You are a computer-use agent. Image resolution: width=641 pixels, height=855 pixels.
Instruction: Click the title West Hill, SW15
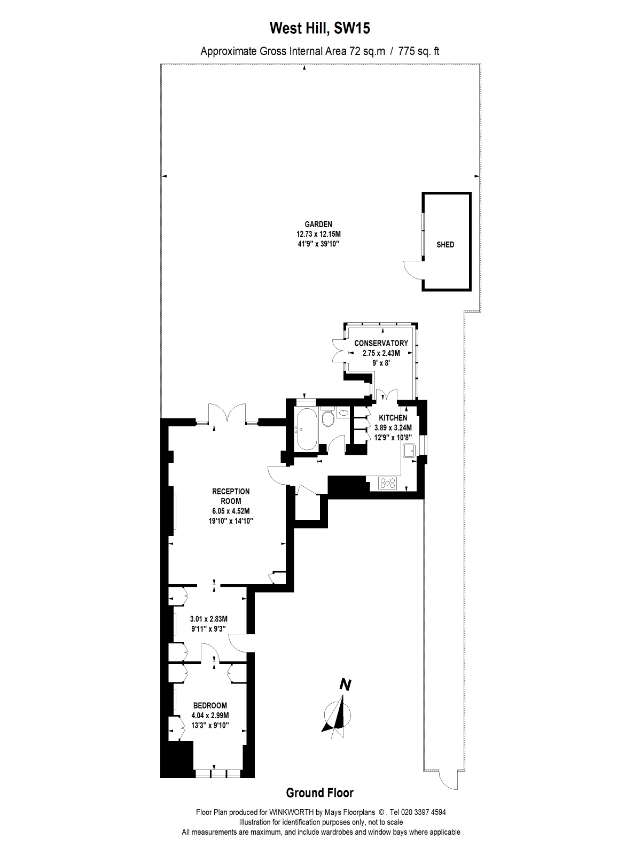coord(319,28)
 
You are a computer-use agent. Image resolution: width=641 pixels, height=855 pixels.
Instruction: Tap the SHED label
coord(445,245)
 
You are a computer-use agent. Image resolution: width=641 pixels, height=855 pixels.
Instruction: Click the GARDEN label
coord(318,224)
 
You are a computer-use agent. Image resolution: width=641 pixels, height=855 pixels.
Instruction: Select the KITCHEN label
coord(393,418)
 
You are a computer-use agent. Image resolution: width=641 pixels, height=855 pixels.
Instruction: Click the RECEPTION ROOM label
coord(230,496)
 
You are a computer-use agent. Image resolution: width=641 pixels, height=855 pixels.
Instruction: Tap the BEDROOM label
coord(210,705)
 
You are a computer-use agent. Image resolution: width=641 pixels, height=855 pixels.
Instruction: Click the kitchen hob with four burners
coord(388,483)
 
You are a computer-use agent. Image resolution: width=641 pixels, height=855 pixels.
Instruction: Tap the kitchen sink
coord(410,450)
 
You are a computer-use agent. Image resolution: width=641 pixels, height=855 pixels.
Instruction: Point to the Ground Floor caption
coord(319,793)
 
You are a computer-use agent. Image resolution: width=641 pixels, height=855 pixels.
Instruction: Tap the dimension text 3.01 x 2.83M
coord(209,619)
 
